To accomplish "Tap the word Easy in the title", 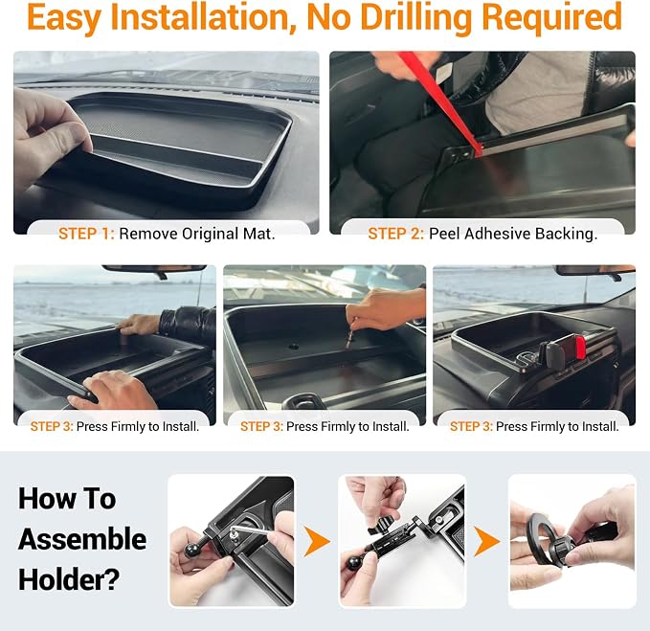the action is [x=64, y=18].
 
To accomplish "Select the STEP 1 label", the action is [x=86, y=234].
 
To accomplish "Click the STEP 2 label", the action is [x=396, y=234].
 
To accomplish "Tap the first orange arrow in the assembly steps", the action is [x=317, y=541].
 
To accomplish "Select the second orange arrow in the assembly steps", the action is [x=486, y=541].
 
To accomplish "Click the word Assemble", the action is [x=82, y=539].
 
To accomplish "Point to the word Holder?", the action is [x=69, y=579].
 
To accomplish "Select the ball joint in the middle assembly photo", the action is [x=353, y=563].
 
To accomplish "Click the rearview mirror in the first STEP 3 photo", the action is [x=154, y=270].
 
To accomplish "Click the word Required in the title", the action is [x=552, y=18].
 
